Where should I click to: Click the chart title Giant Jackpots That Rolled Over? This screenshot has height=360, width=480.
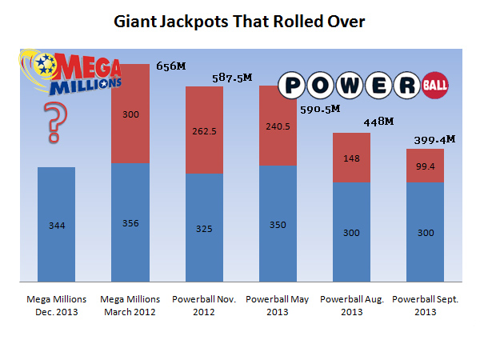[x=240, y=21]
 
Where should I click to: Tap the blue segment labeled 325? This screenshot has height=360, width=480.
[x=204, y=228]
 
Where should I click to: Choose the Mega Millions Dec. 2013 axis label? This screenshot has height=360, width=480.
[x=57, y=305]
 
